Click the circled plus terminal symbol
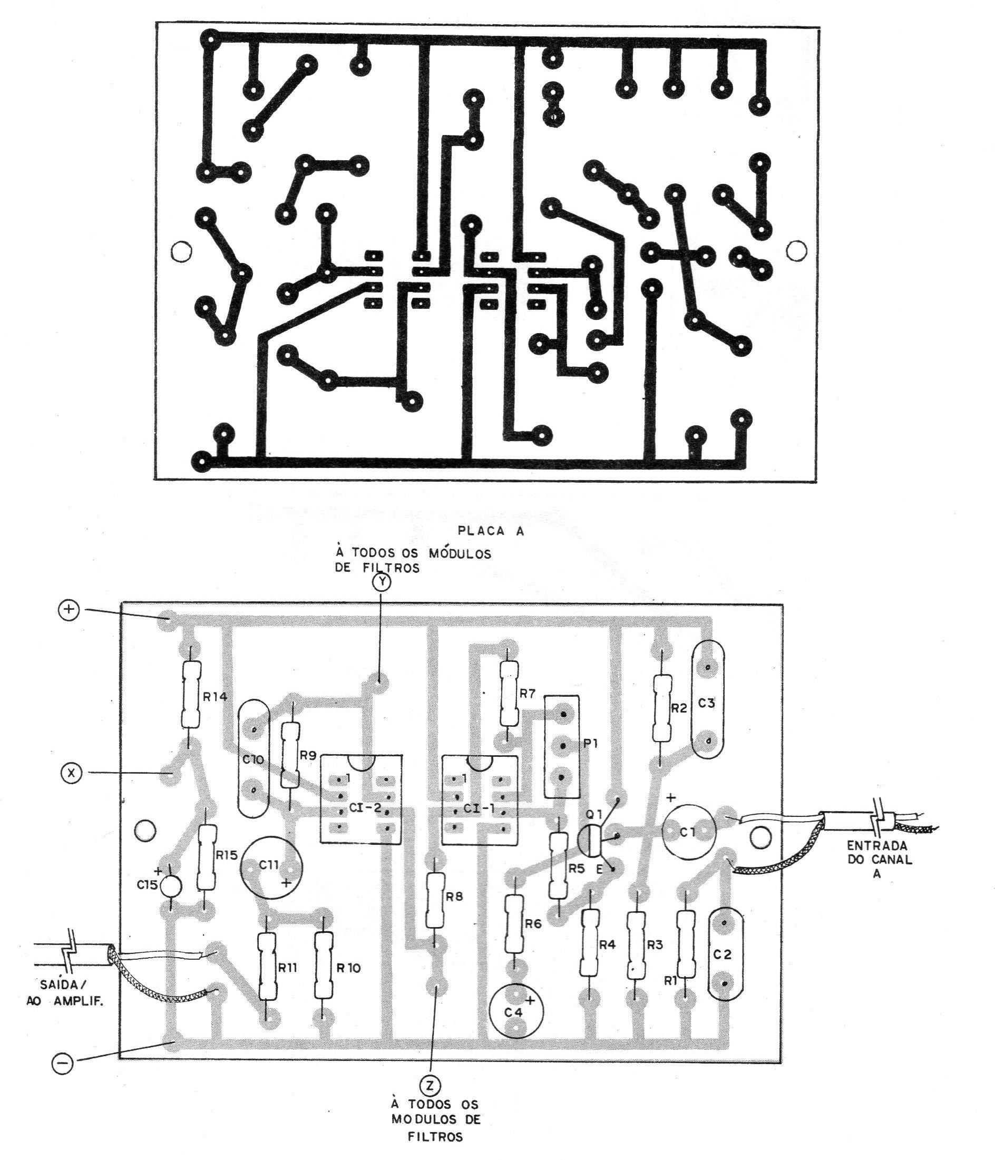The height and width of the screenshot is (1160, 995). point(69,611)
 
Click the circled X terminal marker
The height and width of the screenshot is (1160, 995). point(71,774)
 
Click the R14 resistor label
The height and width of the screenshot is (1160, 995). point(215,698)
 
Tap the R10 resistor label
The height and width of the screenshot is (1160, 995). point(349,968)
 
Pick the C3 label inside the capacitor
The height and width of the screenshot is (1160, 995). point(707,704)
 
